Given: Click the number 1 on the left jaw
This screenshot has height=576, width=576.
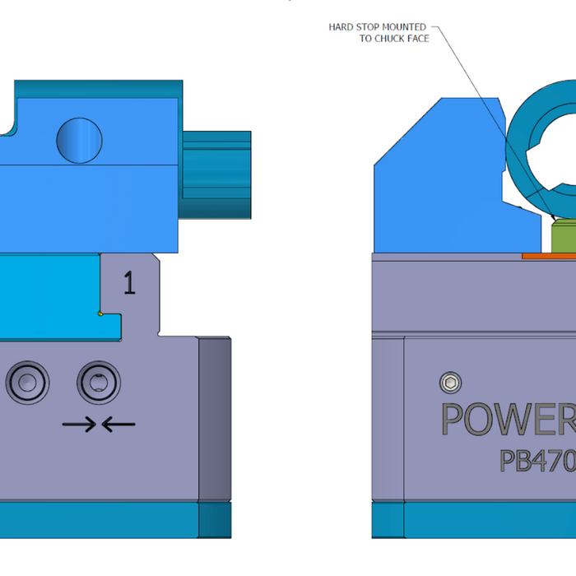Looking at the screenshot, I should pyautogui.click(x=129, y=283).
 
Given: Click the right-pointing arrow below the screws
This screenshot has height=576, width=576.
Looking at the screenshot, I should pyautogui.click(x=80, y=425).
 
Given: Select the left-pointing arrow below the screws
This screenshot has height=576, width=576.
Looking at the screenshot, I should pyautogui.click(x=119, y=425).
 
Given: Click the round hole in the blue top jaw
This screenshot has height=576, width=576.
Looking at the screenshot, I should pyautogui.click(x=79, y=139).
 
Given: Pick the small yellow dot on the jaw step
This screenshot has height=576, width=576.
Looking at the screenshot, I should pyautogui.click(x=100, y=313).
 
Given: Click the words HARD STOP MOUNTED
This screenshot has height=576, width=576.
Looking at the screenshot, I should pyautogui.click(x=377, y=27).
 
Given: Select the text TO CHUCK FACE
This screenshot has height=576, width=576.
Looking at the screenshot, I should pyautogui.click(x=394, y=39).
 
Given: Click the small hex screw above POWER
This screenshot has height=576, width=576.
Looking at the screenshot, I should pyautogui.click(x=450, y=383).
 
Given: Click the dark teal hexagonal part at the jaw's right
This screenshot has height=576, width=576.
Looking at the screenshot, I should pyautogui.click(x=216, y=174).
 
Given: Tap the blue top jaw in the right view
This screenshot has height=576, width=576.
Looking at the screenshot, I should pyautogui.click(x=436, y=181).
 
